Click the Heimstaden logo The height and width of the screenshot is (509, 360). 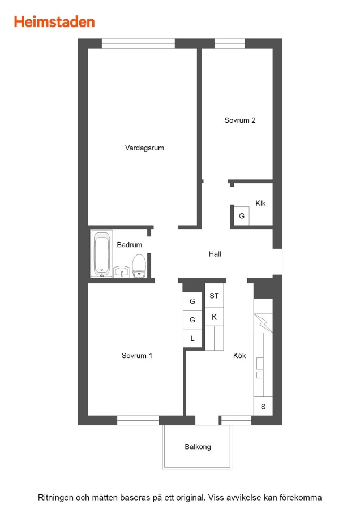[x=54, y=21]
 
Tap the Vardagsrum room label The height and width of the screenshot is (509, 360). [x=144, y=148]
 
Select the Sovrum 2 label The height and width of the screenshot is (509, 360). [x=240, y=120]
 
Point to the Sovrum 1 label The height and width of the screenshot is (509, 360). [x=137, y=356]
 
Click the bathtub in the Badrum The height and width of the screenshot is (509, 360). [x=101, y=254]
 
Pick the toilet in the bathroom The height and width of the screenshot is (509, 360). [x=139, y=266]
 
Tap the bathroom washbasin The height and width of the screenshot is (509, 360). [x=122, y=271]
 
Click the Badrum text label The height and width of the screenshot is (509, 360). [x=129, y=245]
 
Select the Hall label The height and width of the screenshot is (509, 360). [x=215, y=254]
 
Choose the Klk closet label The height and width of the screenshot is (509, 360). [x=260, y=204]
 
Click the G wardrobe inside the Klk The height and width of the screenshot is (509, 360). [x=242, y=216]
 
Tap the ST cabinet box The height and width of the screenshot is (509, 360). [x=214, y=296]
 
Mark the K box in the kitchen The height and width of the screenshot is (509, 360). [x=214, y=317]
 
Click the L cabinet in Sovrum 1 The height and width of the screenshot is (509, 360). [x=192, y=339]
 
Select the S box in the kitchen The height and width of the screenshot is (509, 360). [x=263, y=407]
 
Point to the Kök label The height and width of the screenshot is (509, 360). [x=239, y=356]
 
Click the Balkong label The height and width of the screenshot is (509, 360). [x=198, y=447]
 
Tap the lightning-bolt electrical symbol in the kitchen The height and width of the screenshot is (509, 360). [x=263, y=323]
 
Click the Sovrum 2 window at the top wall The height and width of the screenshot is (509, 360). [x=230, y=44]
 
